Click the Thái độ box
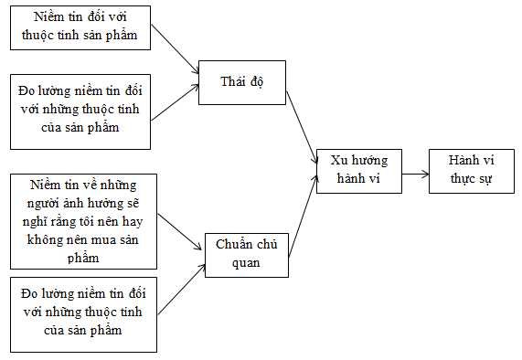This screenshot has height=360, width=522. (241, 82)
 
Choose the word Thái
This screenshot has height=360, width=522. (233, 82)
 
